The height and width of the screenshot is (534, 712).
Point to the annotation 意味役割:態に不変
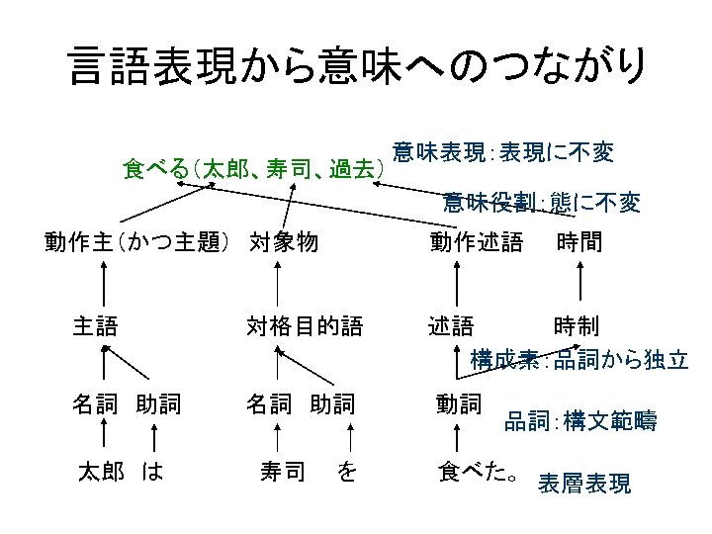(x=541, y=204)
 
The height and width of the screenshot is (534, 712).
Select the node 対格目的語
(x=304, y=325)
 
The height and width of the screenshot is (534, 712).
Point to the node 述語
(x=450, y=325)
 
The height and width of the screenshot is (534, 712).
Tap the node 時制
(x=576, y=325)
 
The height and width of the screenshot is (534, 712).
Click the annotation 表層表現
(x=583, y=485)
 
